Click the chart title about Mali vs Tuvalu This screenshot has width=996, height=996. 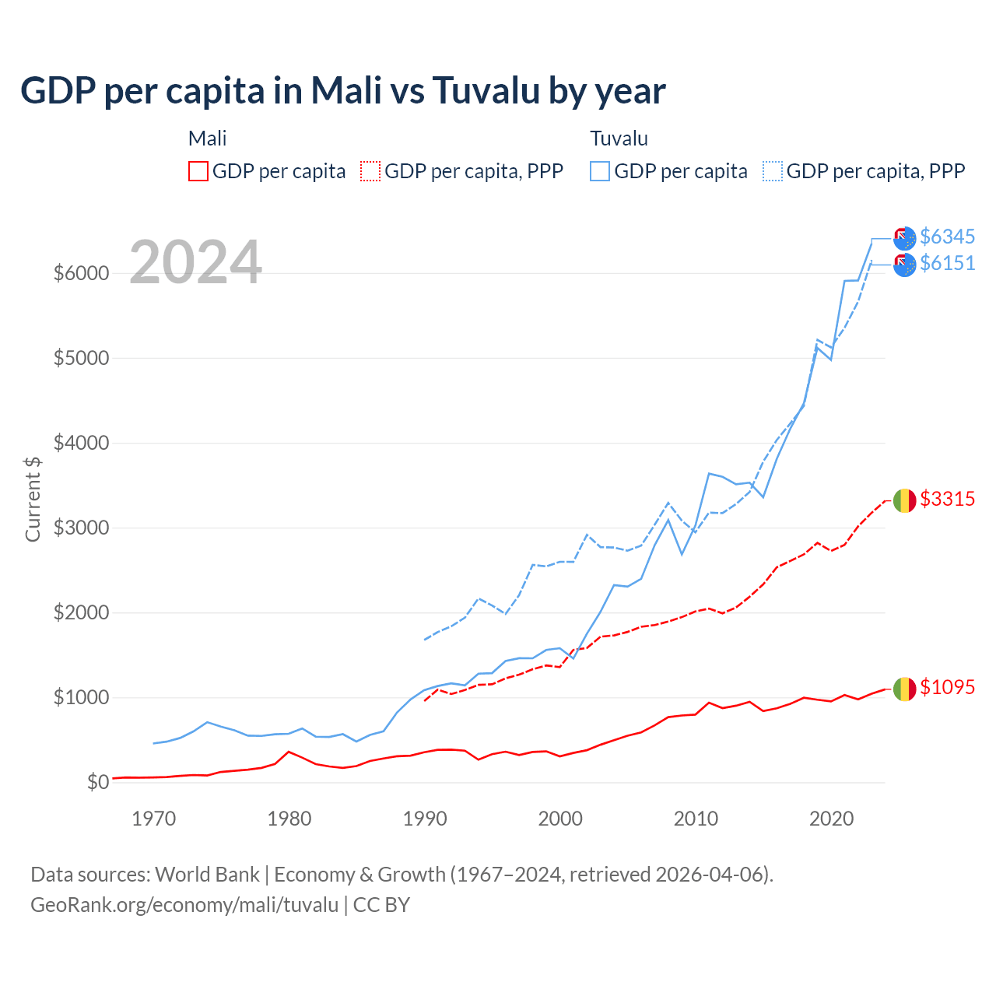(343, 90)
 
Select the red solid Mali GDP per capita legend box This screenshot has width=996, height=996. (198, 171)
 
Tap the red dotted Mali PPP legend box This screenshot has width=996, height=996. (371, 171)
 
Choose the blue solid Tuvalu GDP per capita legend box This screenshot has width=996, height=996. (600, 171)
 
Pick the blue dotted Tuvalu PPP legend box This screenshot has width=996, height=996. (773, 171)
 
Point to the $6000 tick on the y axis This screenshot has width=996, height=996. (81, 273)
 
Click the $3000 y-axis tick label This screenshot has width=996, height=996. (81, 528)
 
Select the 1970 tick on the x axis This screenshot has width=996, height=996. (154, 819)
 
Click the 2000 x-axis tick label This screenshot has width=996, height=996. (560, 819)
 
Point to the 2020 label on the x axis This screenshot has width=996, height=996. (832, 819)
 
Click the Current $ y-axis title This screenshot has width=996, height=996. (33, 499)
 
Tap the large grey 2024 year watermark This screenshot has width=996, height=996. (195, 262)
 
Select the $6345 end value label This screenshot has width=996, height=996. (947, 237)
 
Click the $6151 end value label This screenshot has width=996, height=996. (947, 263)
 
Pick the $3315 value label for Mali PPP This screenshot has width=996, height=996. (947, 499)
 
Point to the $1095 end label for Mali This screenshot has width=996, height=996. (947, 687)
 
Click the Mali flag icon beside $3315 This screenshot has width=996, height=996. (904, 500)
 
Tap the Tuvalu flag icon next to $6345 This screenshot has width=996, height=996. (904, 238)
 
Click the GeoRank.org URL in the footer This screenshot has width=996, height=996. (184, 905)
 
